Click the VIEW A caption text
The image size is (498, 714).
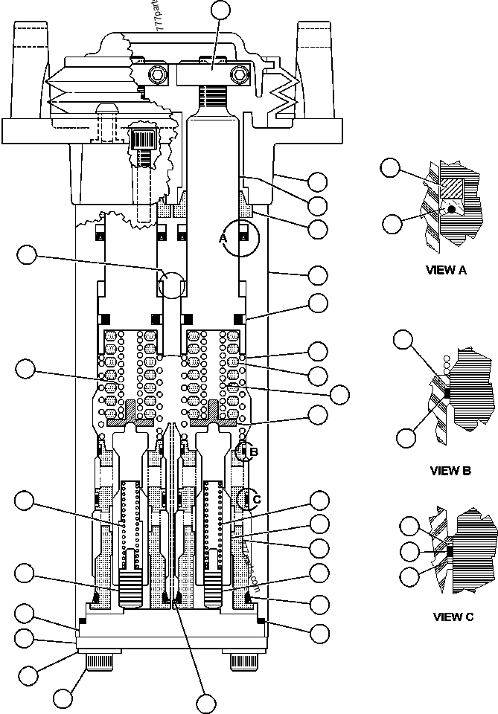click(446, 270)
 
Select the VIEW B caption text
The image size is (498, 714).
click(450, 470)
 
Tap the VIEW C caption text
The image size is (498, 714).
click(453, 617)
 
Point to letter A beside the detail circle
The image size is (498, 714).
click(222, 238)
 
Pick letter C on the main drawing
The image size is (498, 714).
click(257, 499)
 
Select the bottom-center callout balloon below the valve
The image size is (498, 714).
click(205, 701)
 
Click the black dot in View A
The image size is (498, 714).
click(450, 210)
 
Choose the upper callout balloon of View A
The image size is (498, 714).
click(390, 167)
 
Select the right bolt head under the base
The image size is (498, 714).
click(246, 661)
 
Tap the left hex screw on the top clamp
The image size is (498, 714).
click(157, 75)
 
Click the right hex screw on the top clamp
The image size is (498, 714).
click(239, 74)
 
